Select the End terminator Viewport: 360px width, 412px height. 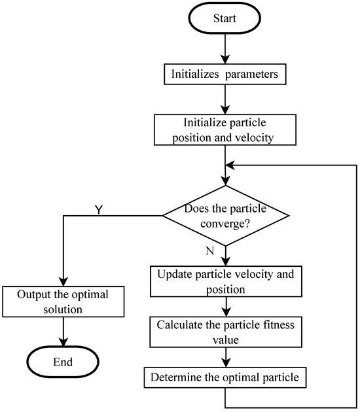[x=62, y=362]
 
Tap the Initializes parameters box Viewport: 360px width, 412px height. [x=225, y=75]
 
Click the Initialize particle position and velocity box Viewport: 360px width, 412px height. [x=225, y=131]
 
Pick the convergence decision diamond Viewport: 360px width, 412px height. [x=225, y=218]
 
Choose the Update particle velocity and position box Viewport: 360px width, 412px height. [x=225, y=281]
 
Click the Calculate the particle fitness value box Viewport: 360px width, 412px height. [x=225, y=332]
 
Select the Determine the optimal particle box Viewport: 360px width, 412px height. [x=225, y=377]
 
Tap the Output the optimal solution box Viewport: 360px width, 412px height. [x=62, y=301]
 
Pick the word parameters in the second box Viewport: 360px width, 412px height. [x=253, y=75]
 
